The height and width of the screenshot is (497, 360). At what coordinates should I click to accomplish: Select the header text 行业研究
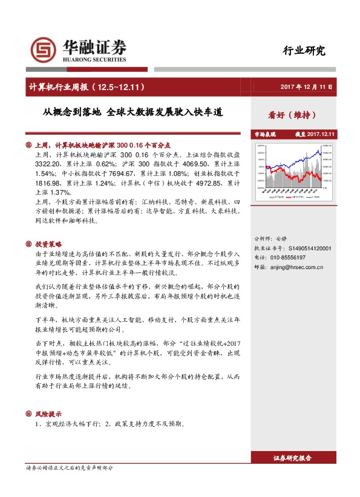(304, 51)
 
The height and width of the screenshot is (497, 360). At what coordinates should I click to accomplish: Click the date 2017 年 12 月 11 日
(307, 87)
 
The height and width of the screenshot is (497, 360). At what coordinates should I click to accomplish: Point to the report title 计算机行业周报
(58, 87)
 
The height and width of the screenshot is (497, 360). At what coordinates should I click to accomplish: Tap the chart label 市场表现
(264, 134)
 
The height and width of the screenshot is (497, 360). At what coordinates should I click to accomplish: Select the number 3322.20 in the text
(49, 164)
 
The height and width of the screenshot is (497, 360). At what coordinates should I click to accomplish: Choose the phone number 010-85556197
(287, 257)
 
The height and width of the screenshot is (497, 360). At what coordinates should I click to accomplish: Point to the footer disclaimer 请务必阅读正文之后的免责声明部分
(69, 469)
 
